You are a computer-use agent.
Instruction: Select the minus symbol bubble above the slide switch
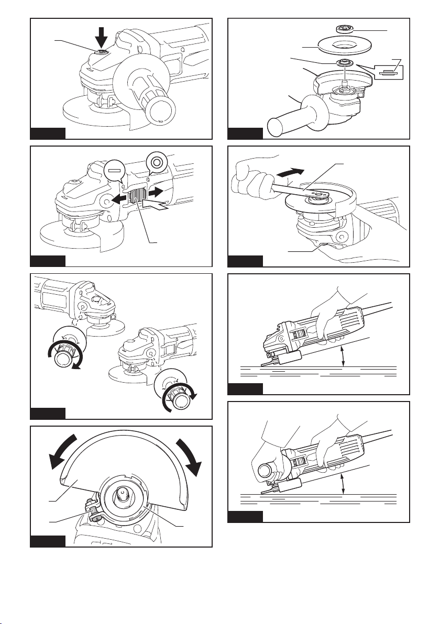115,171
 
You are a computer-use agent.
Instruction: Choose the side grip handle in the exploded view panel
294,122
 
